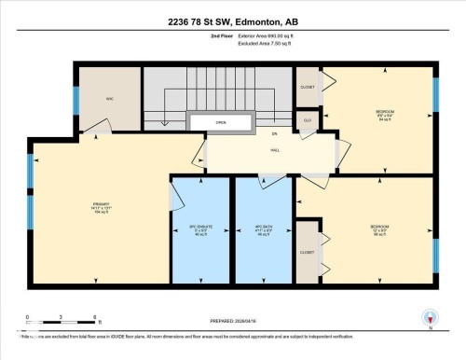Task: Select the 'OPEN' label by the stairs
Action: point(221,122)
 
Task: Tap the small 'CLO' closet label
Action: point(308,120)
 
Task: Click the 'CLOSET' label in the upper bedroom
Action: point(308,88)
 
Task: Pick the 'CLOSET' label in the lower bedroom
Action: point(308,252)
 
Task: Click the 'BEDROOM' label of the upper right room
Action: point(383,111)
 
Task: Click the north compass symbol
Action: point(430,317)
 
